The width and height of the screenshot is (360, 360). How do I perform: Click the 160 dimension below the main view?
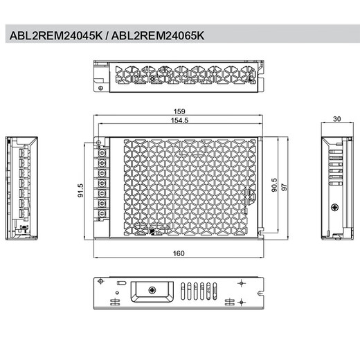(179, 253)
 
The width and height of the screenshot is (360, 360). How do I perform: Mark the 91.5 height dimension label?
(81, 190)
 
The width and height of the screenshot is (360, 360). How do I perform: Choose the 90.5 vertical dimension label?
(276, 189)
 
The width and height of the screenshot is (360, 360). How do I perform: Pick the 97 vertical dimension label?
(285, 189)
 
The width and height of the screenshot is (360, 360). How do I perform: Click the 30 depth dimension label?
(336, 119)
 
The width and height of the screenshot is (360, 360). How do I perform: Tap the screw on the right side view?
(336, 208)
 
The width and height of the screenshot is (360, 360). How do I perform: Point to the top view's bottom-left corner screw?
(102, 88)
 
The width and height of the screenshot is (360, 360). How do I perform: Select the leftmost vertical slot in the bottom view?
(183, 291)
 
